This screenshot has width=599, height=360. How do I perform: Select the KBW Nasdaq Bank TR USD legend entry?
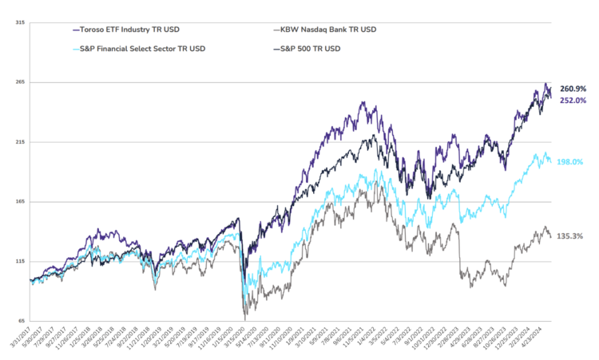[327, 30]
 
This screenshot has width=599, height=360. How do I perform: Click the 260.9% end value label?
[574, 89]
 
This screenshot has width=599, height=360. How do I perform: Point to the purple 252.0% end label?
[574, 101]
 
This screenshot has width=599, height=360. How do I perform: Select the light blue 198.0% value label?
[574, 161]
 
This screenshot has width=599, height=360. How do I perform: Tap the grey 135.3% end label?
[574, 236]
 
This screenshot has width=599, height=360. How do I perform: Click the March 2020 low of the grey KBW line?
[244, 317]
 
